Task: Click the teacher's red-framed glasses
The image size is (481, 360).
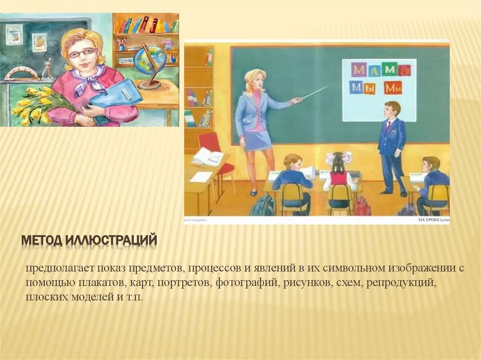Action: (82, 53)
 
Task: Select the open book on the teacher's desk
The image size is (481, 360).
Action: (207, 156)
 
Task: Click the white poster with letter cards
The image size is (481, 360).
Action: (379, 90)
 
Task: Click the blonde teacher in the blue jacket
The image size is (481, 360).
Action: (255, 120)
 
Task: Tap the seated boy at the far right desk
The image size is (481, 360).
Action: (430, 181)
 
